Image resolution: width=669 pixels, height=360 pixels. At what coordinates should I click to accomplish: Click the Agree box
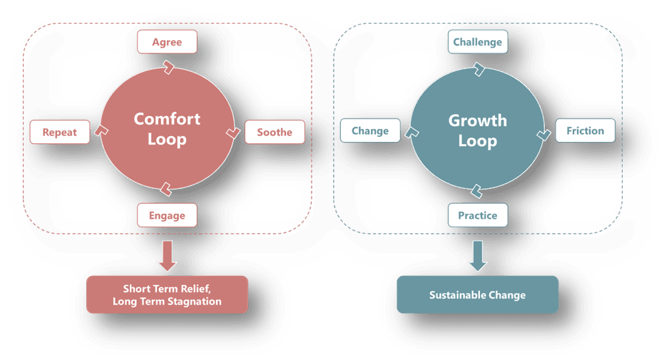[167, 42]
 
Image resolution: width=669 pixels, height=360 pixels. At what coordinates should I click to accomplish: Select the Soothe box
[275, 132]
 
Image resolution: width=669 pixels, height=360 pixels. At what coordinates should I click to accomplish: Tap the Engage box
[167, 215]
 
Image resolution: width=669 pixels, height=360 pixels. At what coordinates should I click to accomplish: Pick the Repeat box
[60, 132]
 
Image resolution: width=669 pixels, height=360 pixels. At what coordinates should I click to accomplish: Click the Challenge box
[477, 42]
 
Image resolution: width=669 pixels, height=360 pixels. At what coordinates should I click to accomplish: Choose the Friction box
[585, 130]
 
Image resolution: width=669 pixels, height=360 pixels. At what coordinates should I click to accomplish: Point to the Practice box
[477, 215]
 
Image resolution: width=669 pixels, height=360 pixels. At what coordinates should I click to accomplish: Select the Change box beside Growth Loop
[370, 130]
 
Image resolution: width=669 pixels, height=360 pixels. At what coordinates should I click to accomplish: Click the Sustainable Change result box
[477, 294]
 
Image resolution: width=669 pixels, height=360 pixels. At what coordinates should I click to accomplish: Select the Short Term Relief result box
[167, 294]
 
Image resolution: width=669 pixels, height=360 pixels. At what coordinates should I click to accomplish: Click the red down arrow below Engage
[167, 255]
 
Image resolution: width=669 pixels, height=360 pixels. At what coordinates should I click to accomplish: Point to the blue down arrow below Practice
[477, 255]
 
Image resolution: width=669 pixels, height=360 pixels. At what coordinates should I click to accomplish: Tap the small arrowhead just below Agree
[169, 68]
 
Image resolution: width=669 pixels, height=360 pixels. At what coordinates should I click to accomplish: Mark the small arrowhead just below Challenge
[479, 69]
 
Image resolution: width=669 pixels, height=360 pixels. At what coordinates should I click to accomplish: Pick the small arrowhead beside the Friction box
[543, 134]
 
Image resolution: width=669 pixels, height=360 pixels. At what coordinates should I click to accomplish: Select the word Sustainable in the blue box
[456, 294]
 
